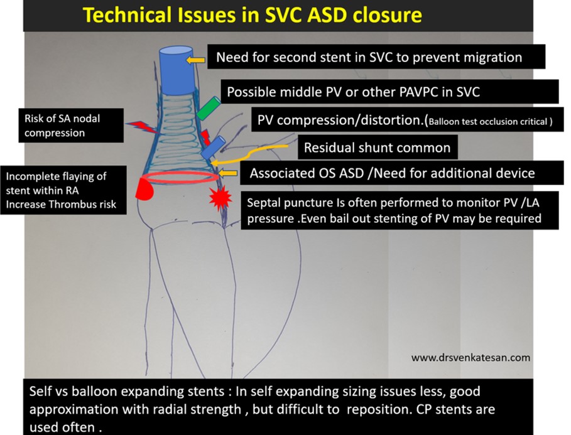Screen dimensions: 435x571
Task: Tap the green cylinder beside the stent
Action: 208,108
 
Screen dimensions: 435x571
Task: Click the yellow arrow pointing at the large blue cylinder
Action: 198,59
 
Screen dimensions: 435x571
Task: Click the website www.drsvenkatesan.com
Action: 470,357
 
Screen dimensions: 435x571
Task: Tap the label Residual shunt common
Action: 377,148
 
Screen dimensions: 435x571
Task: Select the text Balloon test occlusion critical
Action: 487,122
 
